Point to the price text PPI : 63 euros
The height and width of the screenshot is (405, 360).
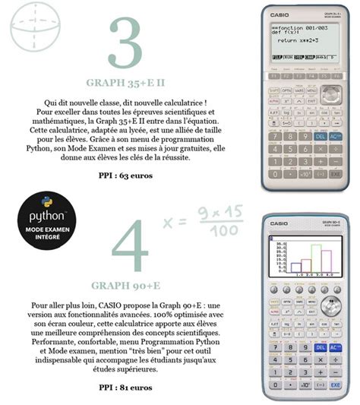pyautogui.click(x=125, y=176)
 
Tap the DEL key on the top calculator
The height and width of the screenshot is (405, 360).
pyautogui.click(x=319, y=138)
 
